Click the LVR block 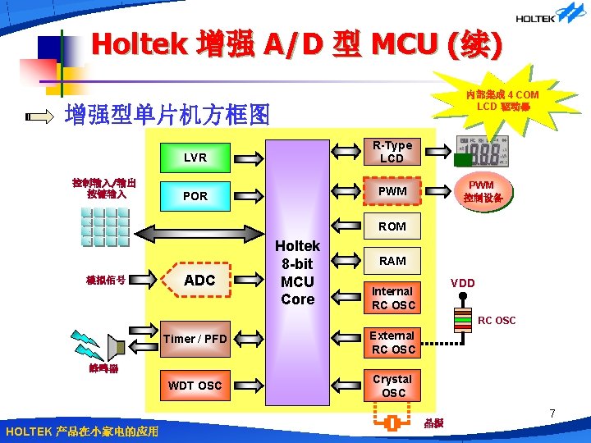195,158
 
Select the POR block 195,196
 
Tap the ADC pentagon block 197,281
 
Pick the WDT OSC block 195,385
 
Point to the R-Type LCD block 392,153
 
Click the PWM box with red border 392,191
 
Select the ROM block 392,226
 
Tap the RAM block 392,261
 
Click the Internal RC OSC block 392,298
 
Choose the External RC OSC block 392,342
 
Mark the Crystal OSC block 392,386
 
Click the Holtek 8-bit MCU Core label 297,272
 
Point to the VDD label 463,283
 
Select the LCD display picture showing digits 483,154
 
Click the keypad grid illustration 105,226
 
